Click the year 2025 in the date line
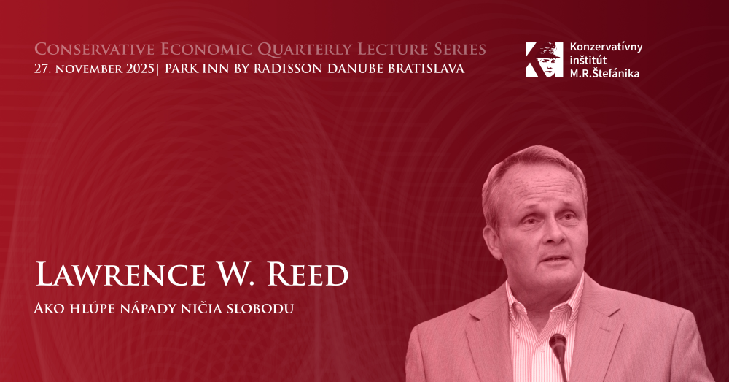point(139,69)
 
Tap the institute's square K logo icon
point(545,60)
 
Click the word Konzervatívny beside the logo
point(606,47)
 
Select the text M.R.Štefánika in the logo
point(604,73)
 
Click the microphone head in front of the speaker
point(558,342)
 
